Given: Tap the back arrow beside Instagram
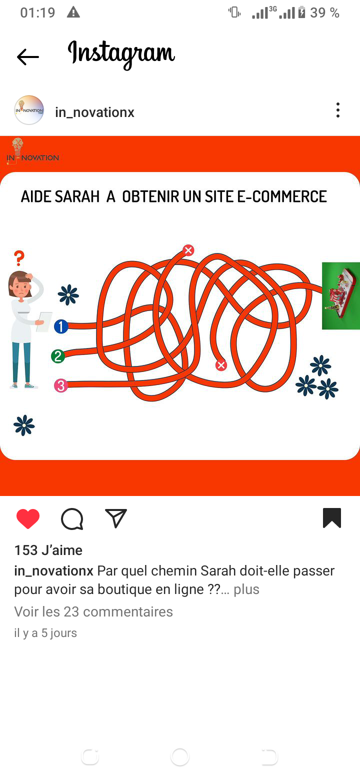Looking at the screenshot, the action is coord(28,57).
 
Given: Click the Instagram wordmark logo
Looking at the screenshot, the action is coord(121,54).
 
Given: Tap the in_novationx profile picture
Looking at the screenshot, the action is coord(29,110).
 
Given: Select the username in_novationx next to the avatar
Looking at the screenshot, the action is coord(94,112).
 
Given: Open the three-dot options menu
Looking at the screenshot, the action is coord(337,110).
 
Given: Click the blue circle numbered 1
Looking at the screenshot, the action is coord(61,326).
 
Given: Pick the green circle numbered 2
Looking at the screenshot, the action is coord(58,356).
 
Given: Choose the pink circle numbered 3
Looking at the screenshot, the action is coord(61,385).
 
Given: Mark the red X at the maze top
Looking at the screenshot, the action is coord(188,250).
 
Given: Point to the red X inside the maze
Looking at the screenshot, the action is coord(220,365).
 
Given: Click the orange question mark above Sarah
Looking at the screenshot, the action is coord(19,258).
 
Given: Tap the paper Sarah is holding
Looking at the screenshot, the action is coord(44,322).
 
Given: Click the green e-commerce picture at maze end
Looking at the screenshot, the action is coord(341,295).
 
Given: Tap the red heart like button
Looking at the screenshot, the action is coord(28,518).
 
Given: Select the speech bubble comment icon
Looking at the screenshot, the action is coord(72,519).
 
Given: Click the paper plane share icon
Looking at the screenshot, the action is coord(115,518).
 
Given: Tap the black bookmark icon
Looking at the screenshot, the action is coord(332,518).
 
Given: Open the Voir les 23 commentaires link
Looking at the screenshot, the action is coord(93,612).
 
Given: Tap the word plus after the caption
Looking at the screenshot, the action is coord(246,589).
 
